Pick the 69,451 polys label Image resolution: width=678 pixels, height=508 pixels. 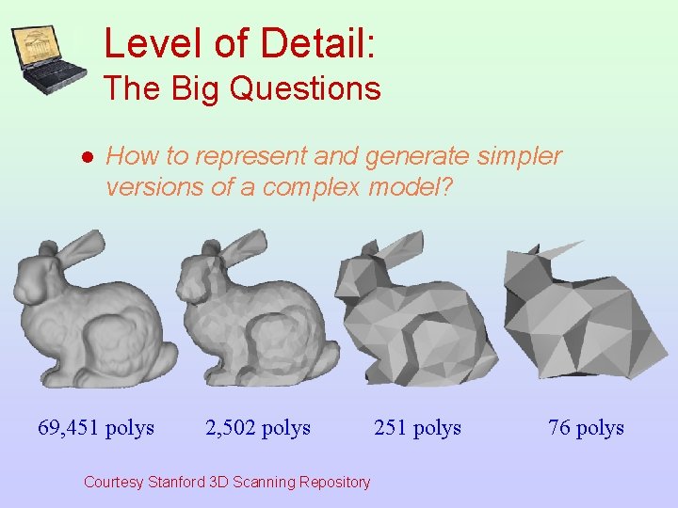pos(96,428)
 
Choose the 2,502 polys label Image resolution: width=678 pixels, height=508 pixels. pos(258,428)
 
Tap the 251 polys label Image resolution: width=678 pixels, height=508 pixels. pos(417,428)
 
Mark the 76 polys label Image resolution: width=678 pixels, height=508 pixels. pos(586,428)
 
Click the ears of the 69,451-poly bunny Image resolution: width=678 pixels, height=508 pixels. pos(80,244)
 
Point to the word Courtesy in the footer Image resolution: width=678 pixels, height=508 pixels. pos(113,483)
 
